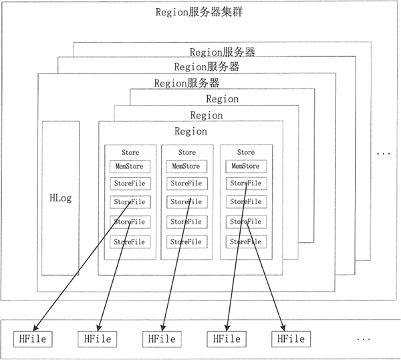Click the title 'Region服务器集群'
(199, 12)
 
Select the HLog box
(61, 198)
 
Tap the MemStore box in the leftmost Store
(130, 167)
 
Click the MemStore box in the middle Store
(186, 167)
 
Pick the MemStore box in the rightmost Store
(246, 166)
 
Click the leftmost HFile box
(33, 339)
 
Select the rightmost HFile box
(291, 339)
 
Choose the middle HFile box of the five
(162, 339)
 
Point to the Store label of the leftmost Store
(130, 153)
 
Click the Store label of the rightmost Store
(246, 153)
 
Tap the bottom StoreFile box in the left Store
(130, 242)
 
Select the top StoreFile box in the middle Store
(186, 183)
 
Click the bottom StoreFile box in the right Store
(246, 242)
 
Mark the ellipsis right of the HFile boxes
(364, 339)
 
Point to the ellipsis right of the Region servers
(384, 154)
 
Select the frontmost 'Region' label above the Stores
(190, 131)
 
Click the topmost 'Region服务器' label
(223, 52)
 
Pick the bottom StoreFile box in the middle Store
(186, 242)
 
